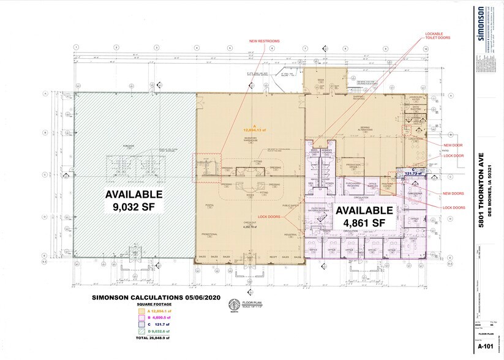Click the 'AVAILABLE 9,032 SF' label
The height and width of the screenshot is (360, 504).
[134, 200]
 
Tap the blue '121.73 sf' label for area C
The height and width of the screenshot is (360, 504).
[414, 173]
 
